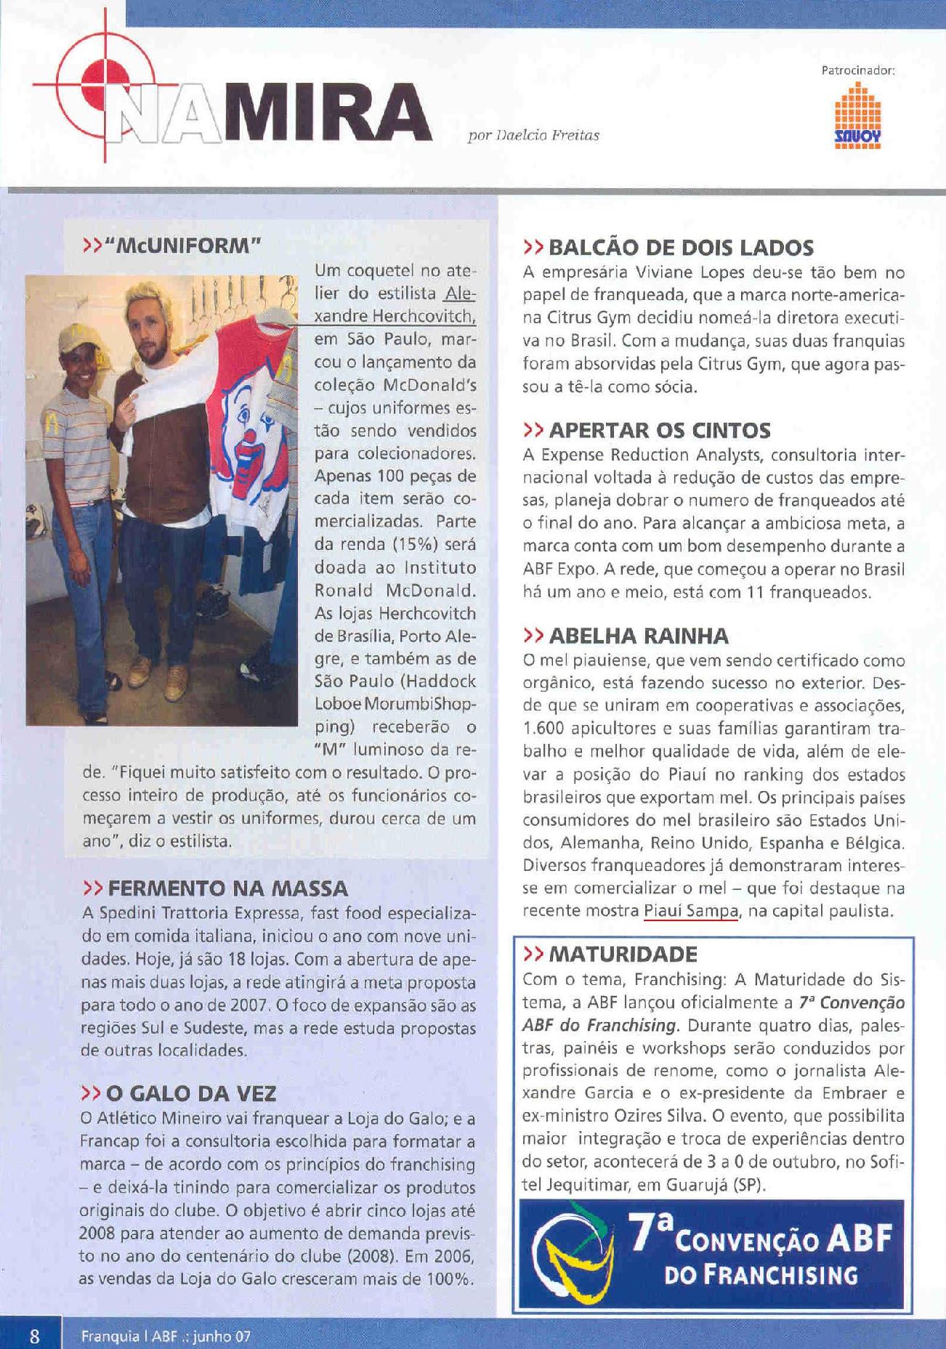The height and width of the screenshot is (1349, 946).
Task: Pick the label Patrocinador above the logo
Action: coord(857,71)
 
